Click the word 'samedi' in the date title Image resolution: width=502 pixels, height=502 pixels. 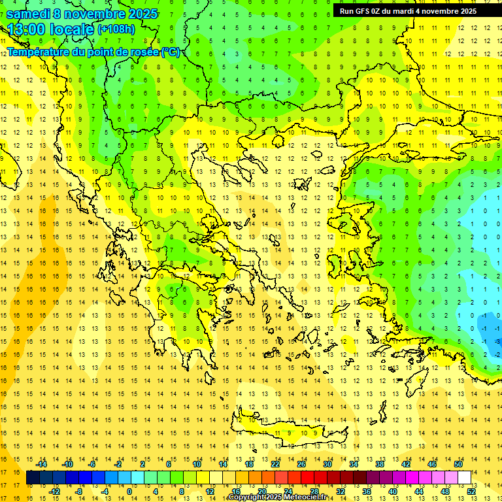[27, 14]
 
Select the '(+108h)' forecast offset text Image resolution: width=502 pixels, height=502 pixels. [116, 29]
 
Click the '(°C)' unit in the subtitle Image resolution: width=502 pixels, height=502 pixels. [171, 52]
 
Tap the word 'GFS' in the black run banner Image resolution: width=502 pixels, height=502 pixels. [365, 11]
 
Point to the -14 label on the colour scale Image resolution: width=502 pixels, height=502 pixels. [42, 464]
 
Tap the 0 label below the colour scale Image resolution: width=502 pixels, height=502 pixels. [129, 492]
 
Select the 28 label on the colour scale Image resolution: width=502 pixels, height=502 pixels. [314, 492]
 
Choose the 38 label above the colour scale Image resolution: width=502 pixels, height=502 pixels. [380, 464]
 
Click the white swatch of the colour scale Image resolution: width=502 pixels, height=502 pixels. [465, 478]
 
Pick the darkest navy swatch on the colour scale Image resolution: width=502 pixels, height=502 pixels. [33, 478]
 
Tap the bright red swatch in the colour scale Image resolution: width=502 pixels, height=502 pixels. [307, 478]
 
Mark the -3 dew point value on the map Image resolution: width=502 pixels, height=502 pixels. [498, 341]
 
